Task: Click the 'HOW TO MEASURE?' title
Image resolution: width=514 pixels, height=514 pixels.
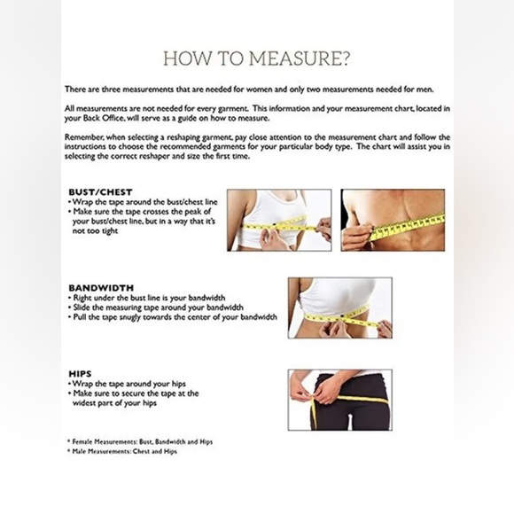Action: [x=256, y=59]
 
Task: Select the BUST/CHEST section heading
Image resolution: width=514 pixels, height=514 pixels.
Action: [x=100, y=191]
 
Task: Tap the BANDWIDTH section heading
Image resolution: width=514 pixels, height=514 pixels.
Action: [x=100, y=288]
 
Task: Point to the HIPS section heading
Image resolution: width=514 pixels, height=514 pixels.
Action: [x=81, y=374]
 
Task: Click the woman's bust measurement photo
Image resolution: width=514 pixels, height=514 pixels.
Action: [x=278, y=219]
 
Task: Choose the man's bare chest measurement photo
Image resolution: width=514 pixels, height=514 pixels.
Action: [x=393, y=219]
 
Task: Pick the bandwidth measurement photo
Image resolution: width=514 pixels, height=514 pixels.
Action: [x=339, y=307]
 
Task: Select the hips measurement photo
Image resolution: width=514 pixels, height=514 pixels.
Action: [x=339, y=400]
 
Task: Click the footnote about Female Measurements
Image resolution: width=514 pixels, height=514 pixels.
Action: [x=140, y=441]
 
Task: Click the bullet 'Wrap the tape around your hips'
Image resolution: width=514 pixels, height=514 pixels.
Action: [x=128, y=384]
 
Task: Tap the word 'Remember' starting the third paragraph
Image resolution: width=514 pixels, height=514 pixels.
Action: [x=86, y=137]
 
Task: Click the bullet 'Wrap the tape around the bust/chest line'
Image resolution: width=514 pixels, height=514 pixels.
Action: [x=145, y=203]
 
